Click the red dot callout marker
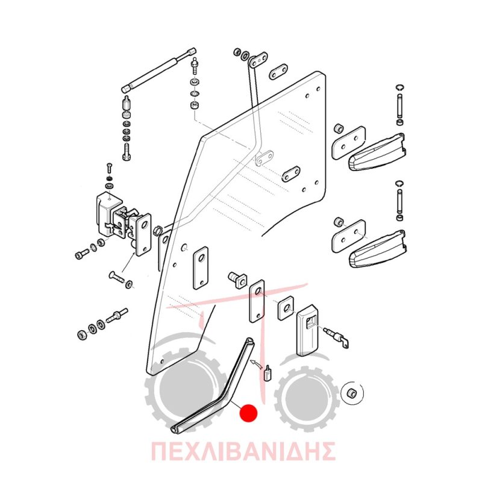click(248, 413)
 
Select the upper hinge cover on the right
click(377, 152)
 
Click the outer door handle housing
click(307, 330)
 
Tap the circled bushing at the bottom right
click(352, 393)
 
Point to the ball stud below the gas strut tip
click(194, 65)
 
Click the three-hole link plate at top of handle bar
click(258, 60)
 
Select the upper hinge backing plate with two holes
click(349, 142)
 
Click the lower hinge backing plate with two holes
click(349, 236)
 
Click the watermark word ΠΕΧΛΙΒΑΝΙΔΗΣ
click(243, 451)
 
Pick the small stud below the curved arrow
click(267, 372)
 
